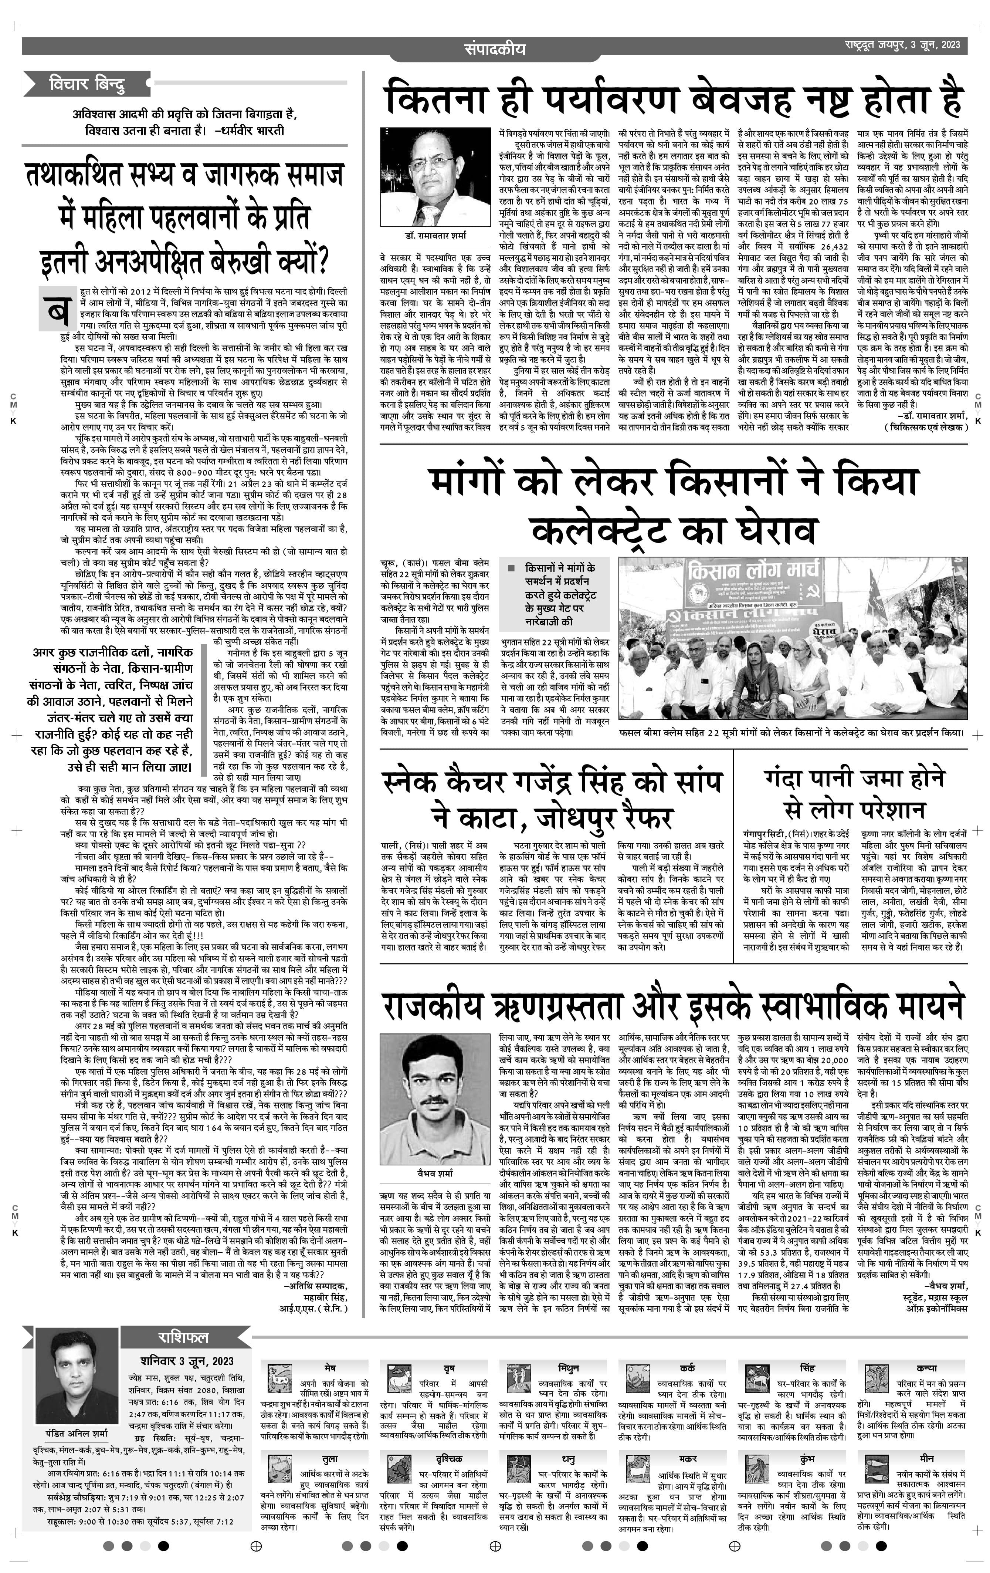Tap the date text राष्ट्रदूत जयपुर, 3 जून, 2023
tap(901, 44)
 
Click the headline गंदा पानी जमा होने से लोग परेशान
tap(854, 794)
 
